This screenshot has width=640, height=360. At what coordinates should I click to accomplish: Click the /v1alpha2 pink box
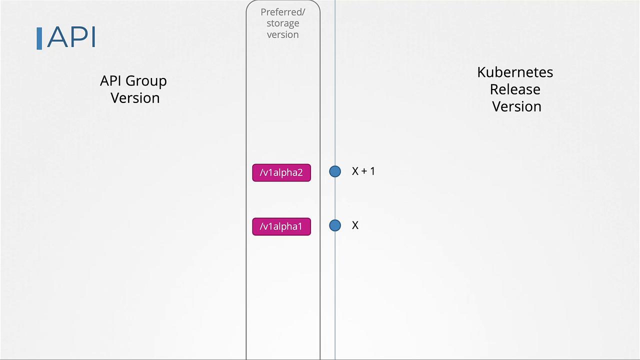pyautogui.click(x=281, y=172)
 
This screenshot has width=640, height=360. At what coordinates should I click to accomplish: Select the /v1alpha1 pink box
pyautogui.click(x=281, y=226)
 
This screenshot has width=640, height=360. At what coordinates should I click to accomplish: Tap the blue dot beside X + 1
pyautogui.click(x=335, y=171)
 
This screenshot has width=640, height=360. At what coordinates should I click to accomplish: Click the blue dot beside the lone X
pyautogui.click(x=335, y=225)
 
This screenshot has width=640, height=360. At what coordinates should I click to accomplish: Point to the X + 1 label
pyautogui.click(x=363, y=171)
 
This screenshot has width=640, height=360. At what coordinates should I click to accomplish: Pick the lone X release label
pyautogui.click(x=355, y=225)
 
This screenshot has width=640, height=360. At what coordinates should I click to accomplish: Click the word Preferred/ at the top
pyautogui.click(x=282, y=12)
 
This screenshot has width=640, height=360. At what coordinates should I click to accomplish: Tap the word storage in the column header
pyautogui.click(x=282, y=23)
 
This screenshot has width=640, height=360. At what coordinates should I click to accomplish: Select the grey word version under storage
pyautogui.click(x=282, y=34)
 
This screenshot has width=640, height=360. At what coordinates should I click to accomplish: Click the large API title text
pyautogui.click(x=71, y=37)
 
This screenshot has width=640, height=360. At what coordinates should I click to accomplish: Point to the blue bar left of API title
pyautogui.click(x=39, y=38)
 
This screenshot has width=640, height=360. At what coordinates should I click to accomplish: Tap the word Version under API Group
pyautogui.click(x=135, y=98)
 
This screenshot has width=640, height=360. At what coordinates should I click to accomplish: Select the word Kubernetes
pyautogui.click(x=515, y=72)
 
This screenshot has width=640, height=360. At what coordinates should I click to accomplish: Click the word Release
pyautogui.click(x=515, y=89)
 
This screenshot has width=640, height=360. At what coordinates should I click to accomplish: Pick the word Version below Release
pyautogui.click(x=516, y=106)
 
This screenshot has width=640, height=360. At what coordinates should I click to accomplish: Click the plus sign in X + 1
pyautogui.click(x=363, y=171)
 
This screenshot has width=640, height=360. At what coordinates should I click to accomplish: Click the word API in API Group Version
pyautogui.click(x=110, y=81)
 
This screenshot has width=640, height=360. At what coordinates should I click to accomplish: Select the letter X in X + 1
pyautogui.click(x=355, y=171)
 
